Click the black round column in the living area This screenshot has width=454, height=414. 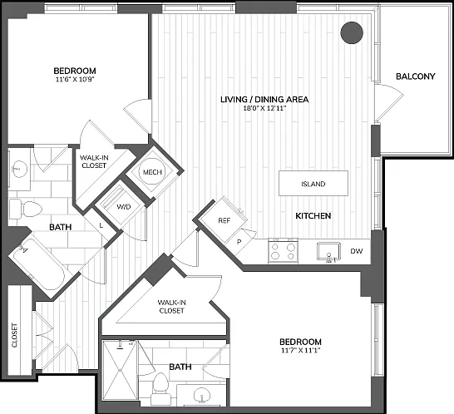tap(352, 33)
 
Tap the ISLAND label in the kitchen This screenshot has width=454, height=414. tap(313, 184)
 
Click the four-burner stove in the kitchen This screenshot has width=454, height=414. tap(284, 251)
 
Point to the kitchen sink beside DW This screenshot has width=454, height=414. tap(328, 252)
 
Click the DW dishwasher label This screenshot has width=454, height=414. tap(357, 251)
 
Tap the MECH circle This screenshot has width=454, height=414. tap(152, 172)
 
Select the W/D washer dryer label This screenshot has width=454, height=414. tap(124, 207)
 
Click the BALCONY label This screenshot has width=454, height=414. tap(416, 76)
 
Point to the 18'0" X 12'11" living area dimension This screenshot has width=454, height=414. tap(264, 109)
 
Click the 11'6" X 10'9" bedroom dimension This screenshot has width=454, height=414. tap(75, 79)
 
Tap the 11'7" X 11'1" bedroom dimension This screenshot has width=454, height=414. tap(300, 351)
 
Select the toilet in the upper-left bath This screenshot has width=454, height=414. tap(26, 208)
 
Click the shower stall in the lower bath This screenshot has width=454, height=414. tap(121, 370)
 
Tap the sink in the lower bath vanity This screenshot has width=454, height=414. tap(201, 395)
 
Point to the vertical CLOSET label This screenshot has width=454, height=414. tap(14, 335)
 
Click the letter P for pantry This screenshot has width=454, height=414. tap(239, 242)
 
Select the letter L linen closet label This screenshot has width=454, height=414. tap(101, 225)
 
